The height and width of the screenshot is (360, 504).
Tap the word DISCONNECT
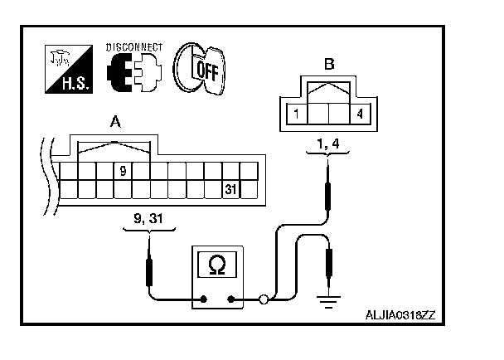(x=134, y=46)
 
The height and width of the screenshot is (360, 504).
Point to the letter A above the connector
(x=115, y=124)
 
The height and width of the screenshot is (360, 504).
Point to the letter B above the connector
(x=329, y=63)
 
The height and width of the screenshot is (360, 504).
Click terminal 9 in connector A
(x=122, y=172)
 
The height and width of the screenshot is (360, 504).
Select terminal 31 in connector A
(x=232, y=189)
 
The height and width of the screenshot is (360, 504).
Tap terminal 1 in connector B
(x=296, y=112)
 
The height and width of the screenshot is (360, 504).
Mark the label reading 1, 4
(x=329, y=144)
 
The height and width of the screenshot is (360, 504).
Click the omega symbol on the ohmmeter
(x=217, y=265)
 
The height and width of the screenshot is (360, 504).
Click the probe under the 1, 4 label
(x=330, y=187)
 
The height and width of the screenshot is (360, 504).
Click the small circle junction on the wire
(x=264, y=299)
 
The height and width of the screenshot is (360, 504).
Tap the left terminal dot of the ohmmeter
(x=203, y=299)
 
